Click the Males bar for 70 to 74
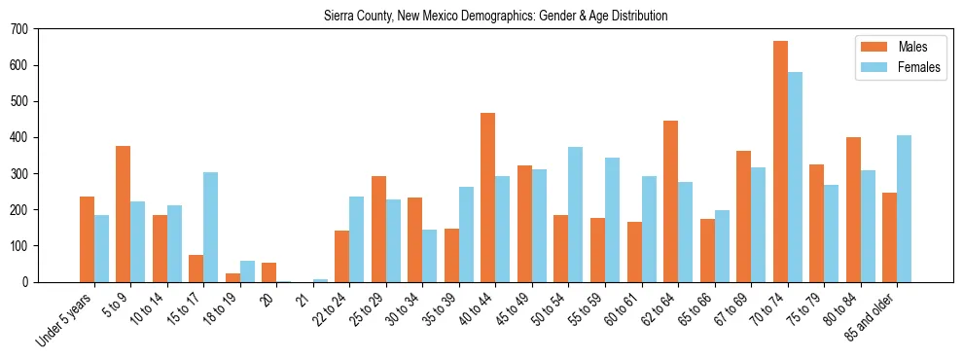tap(780, 162)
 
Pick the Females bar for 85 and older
tap(905, 208)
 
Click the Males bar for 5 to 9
tap(124, 214)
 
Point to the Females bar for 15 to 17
tap(211, 227)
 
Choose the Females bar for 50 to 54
tap(576, 214)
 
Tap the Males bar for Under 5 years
tap(87, 239)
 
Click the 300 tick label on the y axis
tap(19, 174)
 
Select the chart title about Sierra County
tap(496, 17)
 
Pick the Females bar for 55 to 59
tap(613, 220)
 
